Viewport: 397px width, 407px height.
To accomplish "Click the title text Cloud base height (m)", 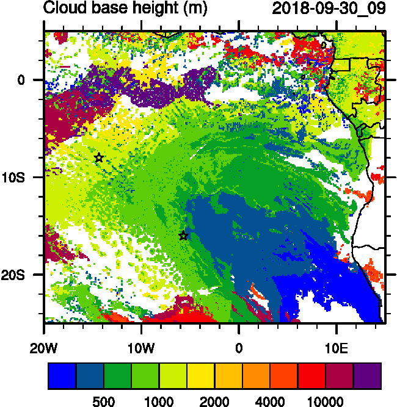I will coord(125,9).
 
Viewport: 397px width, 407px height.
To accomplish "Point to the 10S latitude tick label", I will coord(26,177).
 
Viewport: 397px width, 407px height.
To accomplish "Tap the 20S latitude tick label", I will coord(26,275).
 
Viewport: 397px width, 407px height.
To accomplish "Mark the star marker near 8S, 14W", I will coord(99,157).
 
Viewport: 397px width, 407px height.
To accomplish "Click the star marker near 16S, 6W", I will coord(183,236).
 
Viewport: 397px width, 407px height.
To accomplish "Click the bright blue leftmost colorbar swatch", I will coord(62,376).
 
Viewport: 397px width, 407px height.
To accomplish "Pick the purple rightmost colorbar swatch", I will coord(368,376).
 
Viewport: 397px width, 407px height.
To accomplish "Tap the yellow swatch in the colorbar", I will coord(200,376).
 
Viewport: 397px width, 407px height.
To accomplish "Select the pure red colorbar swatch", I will coord(311,376).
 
